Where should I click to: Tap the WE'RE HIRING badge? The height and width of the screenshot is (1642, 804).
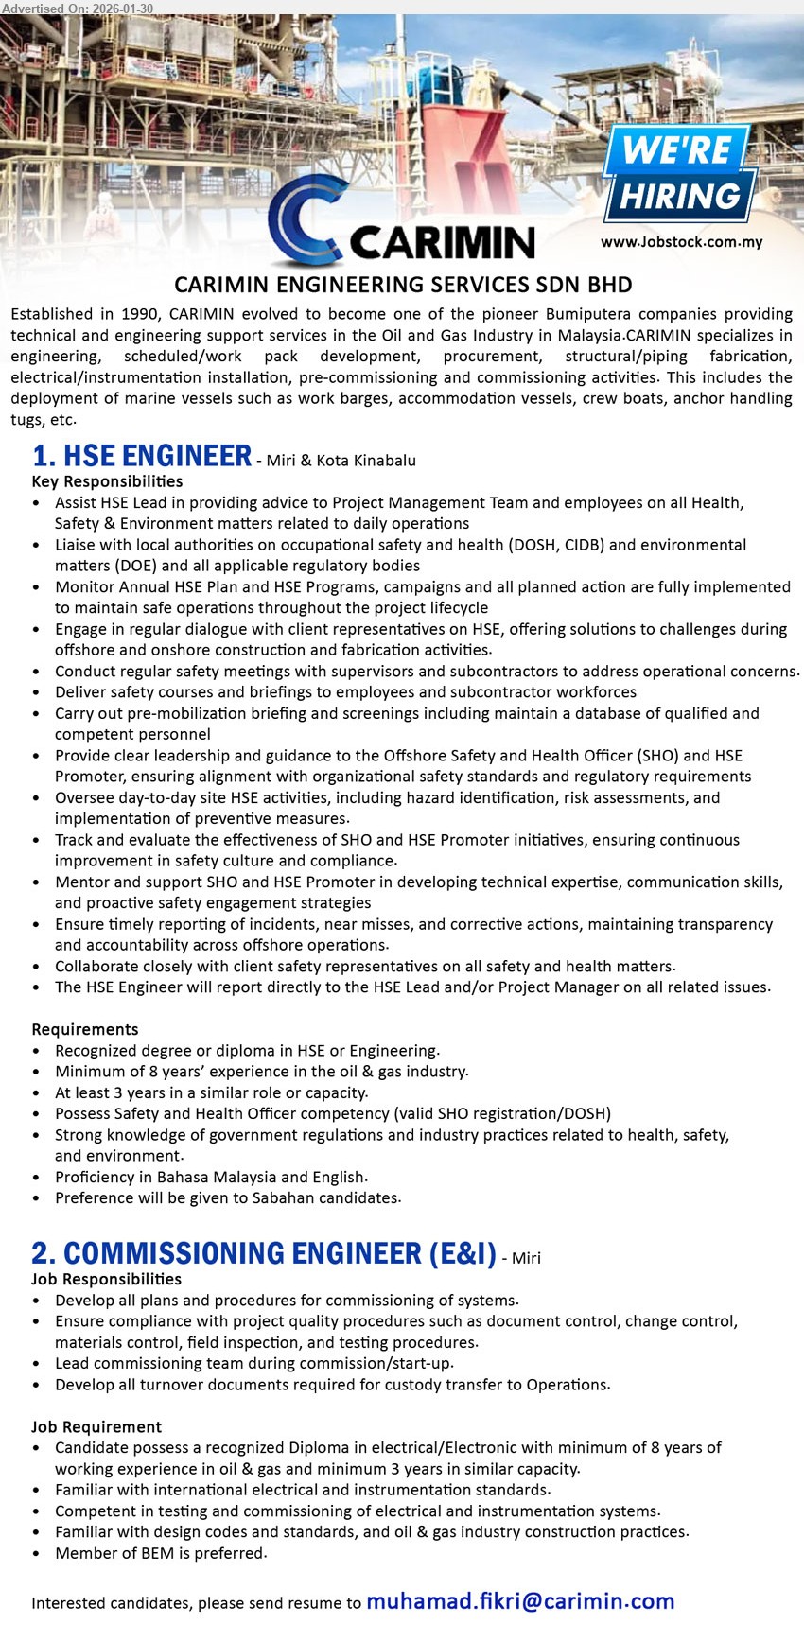(x=680, y=174)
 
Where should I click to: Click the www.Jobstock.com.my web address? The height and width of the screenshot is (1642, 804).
(x=681, y=242)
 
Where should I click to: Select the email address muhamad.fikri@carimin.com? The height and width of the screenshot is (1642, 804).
(x=519, y=1601)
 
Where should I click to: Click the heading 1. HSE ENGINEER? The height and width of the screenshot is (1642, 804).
(x=142, y=457)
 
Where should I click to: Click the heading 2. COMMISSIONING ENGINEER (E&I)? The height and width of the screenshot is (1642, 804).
(x=264, y=1254)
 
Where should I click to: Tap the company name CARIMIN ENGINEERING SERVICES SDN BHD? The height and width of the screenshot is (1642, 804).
(x=403, y=285)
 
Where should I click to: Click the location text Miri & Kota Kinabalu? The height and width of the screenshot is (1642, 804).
(x=341, y=461)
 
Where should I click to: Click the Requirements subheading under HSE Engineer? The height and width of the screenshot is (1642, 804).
(x=85, y=1029)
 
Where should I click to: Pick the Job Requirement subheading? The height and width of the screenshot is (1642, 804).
(x=96, y=1426)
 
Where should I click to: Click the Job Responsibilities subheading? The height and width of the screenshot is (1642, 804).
(x=106, y=1279)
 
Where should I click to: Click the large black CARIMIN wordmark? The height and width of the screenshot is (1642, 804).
(x=442, y=243)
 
